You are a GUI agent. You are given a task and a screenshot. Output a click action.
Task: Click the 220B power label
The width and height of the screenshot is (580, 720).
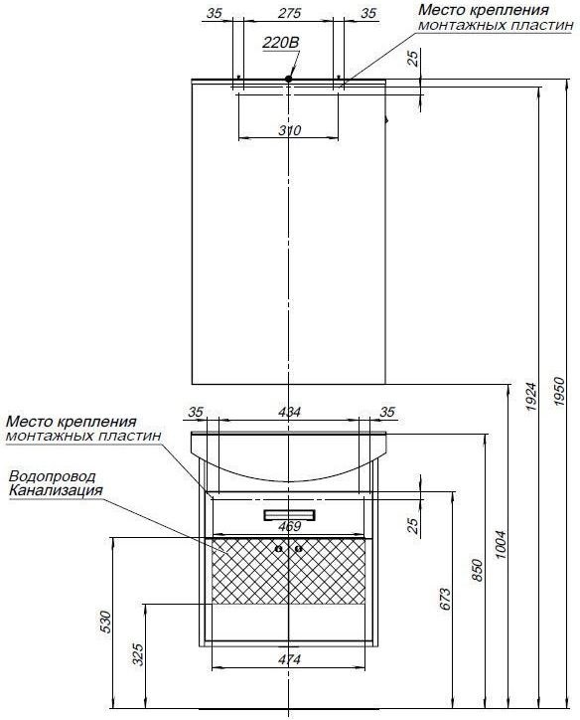[x=281, y=43]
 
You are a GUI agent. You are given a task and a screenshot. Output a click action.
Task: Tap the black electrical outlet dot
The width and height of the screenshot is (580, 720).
[x=288, y=79]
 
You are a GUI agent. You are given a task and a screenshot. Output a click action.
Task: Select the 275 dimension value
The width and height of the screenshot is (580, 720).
[x=289, y=13]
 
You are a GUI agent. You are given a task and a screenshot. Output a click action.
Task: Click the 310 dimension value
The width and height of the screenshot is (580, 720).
[x=290, y=130]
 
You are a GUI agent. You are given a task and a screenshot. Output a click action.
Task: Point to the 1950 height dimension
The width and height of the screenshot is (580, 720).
[x=559, y=391]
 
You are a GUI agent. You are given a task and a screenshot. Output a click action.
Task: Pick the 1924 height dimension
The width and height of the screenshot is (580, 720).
[x=531, y=396]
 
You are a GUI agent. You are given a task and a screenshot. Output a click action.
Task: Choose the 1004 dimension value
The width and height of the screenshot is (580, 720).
[x=501, y=544]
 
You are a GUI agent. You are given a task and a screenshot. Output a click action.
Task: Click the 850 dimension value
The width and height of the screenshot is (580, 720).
[x=478, y=570]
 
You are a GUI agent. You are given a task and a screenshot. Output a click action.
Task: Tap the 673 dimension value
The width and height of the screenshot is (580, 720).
[x=445, y=599]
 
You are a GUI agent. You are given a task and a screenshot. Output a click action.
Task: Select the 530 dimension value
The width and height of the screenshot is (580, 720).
[x=105, y=622]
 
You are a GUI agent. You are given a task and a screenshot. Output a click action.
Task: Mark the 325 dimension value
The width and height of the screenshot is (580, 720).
[x=137, y=654]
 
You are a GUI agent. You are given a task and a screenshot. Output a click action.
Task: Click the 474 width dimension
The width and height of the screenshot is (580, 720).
[x=289, y=659]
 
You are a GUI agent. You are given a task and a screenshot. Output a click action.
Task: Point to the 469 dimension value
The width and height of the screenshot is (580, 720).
[x=289, y=526]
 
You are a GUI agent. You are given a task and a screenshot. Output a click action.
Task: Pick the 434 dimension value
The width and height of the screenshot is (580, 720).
[x=289, y=412]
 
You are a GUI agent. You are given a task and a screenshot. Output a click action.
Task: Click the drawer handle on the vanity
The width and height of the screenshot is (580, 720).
[x=289, y=515]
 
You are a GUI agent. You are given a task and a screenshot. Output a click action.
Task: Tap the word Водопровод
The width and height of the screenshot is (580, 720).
[x=53, y=476]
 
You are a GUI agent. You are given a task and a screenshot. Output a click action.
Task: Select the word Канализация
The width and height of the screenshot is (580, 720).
[x=56, y=490]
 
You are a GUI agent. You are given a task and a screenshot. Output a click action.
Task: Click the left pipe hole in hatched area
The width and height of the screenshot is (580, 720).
[x=278, y=548]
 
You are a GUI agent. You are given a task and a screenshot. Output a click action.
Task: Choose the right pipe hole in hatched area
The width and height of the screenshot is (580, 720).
[x=299, y=548]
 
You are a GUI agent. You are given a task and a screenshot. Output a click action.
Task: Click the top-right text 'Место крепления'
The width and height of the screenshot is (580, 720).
[x=484, y=10]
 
